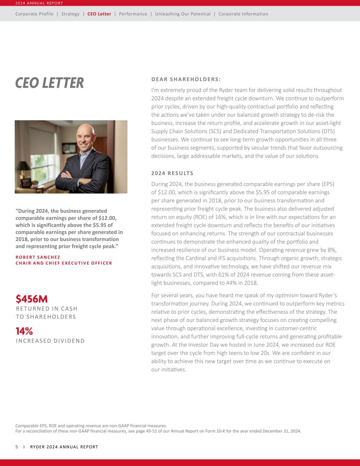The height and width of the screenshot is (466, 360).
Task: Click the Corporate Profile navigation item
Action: pos(34,14)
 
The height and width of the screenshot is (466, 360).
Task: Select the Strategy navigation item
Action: pos(70,14)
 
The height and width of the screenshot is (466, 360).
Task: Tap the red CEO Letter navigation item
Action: pos(99,14)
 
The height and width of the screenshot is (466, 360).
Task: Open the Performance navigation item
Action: pos(133,14)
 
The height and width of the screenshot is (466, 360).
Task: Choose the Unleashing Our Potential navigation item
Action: pos(183,14)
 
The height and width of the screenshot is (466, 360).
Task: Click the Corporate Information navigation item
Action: pos(243,14)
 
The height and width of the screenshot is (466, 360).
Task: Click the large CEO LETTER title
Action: pos(49,83)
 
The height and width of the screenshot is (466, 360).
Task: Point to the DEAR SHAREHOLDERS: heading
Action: pos(186,80)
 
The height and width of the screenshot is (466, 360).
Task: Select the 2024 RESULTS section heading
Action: pos(172,173)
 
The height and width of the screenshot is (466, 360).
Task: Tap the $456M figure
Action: pos(32,299)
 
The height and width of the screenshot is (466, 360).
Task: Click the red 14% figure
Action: pos(24,331)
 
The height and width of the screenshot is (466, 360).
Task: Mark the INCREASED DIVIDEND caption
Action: pos(51,341)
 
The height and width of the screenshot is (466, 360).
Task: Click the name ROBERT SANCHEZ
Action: pos(38,257)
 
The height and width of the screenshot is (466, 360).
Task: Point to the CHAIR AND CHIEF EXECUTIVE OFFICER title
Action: pos(64,263)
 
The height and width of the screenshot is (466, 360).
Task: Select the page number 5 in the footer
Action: pos(17,447)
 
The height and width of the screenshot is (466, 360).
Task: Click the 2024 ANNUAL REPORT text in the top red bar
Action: pos(39,3)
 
